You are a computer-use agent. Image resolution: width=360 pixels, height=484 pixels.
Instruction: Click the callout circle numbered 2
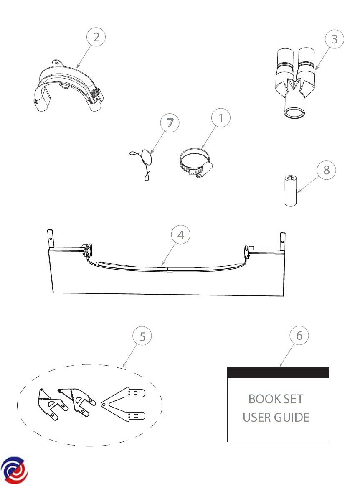pyautogui.click(x=96, y=37)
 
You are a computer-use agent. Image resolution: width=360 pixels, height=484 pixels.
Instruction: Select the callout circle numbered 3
pyautogui.click(x=335, y=39)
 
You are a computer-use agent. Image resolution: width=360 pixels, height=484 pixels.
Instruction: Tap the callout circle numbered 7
pyautogui.click(x=170, y=123)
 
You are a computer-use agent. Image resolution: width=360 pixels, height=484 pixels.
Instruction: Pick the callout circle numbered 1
pyautogui.click(x=221, y=117)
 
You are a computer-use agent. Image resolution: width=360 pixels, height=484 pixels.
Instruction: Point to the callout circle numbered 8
pyautogui.click(x=326, y=170)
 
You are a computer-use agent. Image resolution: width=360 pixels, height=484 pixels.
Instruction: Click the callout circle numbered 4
pyautogui.click(x=181, y=234)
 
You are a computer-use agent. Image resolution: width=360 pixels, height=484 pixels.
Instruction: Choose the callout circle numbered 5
pyautogui.click(x=142, y=336)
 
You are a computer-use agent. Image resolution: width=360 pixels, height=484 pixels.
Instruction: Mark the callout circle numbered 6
pyautogui.click(x=299, y=336)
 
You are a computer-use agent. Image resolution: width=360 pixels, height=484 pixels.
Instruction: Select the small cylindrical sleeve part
pyautogui.click(x=290, y=191)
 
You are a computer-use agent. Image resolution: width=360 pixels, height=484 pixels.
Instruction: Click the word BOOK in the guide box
pyautogui.click(x=261, y=399)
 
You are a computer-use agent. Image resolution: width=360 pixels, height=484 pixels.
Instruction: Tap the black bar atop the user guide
pyautogui.click(x=278, y=373)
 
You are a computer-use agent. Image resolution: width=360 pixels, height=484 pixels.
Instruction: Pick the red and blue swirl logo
pyautogui.click(x=14, y=470)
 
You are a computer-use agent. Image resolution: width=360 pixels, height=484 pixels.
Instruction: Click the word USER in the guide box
pyautogui.click(x=257, y=417)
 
